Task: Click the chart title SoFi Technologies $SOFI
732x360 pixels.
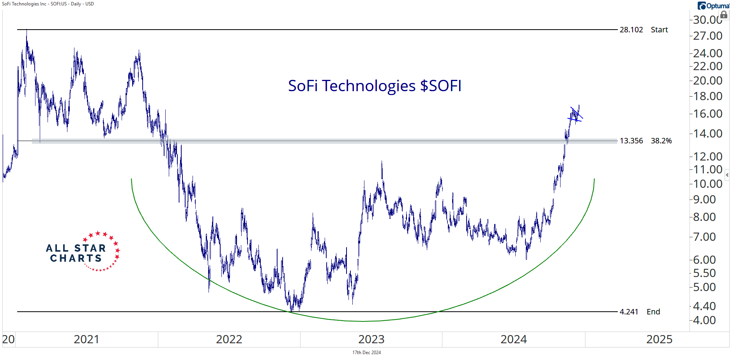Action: click(375, 86)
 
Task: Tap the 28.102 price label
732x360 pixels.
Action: click(631, 30)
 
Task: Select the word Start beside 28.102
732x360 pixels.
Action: click(659, 30)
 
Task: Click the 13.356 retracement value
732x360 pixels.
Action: click(631, 141)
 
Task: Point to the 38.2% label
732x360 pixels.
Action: click(661, 141)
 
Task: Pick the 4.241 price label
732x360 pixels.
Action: click(629, 312)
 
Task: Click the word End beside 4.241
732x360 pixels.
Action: click(653, 312)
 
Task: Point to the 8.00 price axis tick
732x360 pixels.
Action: click(704, 217)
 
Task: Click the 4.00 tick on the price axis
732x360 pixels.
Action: click(704, 320)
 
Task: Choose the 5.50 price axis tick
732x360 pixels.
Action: click(704, 274)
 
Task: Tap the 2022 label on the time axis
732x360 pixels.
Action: click(229, 339)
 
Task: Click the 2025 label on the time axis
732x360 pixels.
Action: click(659, 339)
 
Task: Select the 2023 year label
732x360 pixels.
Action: click(371, 339)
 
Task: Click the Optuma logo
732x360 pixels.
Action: click(713, 6)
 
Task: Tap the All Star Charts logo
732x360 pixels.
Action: click(83, 252)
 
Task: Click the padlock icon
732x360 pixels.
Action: click(724, 15)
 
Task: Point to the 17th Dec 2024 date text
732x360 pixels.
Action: click(366, 353)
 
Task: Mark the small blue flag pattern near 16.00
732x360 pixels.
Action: click(576, 115)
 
